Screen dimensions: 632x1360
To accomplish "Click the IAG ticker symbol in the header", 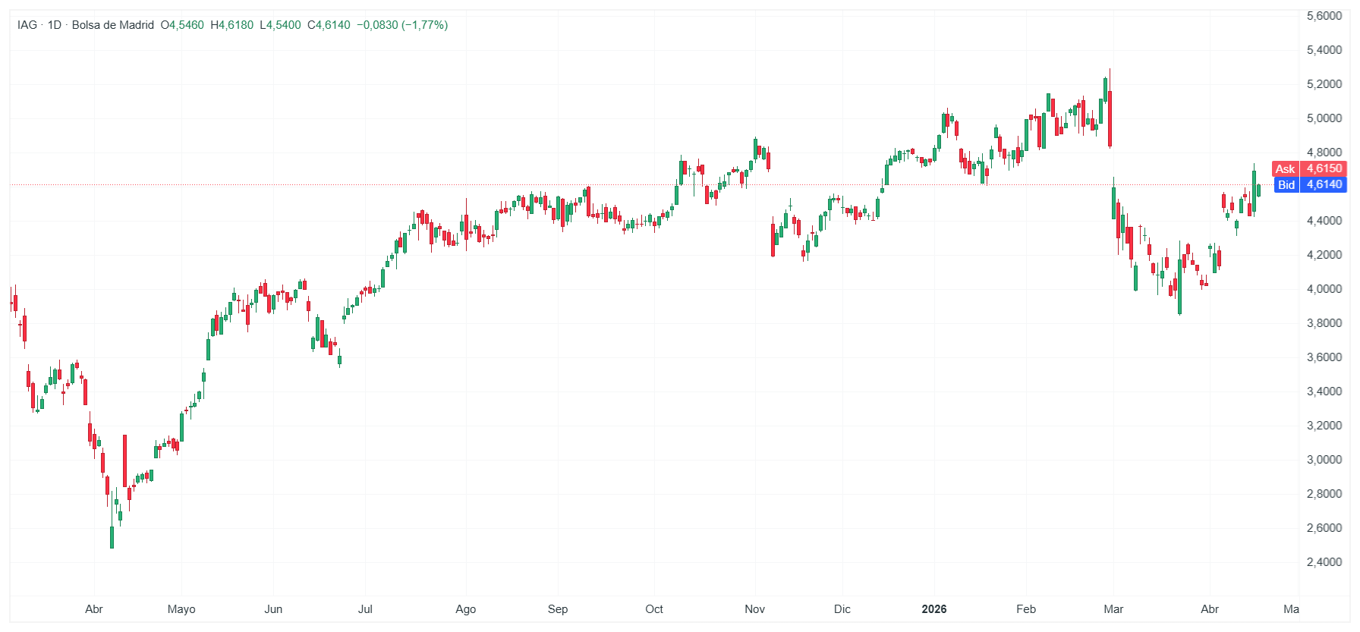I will [27, 25].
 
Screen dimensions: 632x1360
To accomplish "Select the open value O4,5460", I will [182, 25].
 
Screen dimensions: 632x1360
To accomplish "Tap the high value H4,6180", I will [231, 25].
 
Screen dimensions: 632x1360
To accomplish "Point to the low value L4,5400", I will [280, 25].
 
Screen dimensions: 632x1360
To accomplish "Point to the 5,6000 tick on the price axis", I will [1324, 16].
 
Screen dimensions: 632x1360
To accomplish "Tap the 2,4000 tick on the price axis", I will [1324, 562].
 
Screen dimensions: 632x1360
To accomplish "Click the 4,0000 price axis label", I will [1324, 289].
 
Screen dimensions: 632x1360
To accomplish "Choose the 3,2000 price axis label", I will [1324, 426].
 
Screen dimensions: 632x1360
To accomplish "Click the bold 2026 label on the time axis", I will [933, 609].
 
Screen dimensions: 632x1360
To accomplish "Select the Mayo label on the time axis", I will [181, 609].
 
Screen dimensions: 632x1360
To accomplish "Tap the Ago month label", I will [465, 609].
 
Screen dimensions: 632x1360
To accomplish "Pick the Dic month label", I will [842, 609].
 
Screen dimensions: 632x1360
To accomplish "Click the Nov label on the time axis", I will [754, 609].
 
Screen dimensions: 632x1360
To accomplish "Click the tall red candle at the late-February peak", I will [1110, 118].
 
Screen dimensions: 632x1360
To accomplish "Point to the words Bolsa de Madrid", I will [112, 25].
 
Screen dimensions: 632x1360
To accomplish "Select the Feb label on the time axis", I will [1025, 609].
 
